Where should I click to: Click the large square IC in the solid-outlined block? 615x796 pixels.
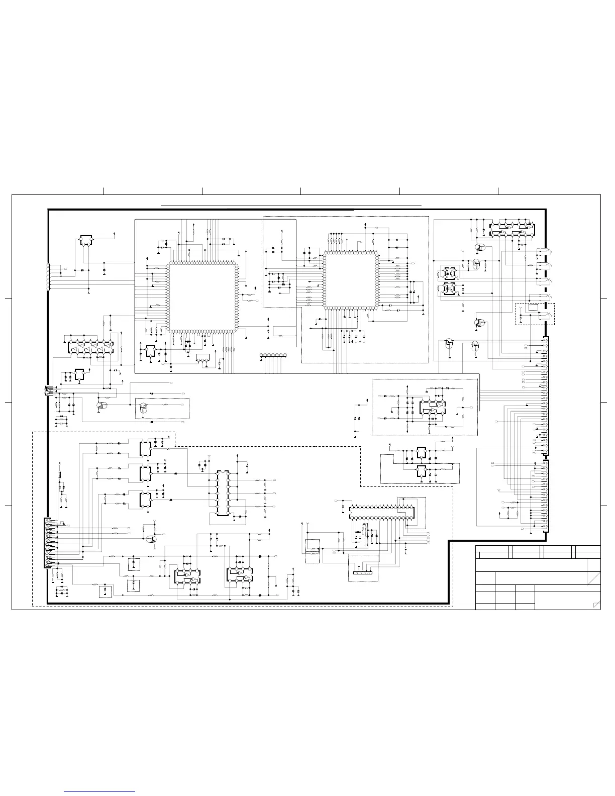[202, 296]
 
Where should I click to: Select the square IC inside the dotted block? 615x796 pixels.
[351, 280]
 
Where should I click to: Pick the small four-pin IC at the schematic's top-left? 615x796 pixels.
[86, 241]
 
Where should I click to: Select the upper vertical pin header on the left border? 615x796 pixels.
[48, 277]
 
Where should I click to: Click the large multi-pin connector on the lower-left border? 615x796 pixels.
[48, 543]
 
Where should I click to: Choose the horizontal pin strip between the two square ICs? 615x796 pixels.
[272, 356]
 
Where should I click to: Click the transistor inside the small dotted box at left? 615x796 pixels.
[144, 408]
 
